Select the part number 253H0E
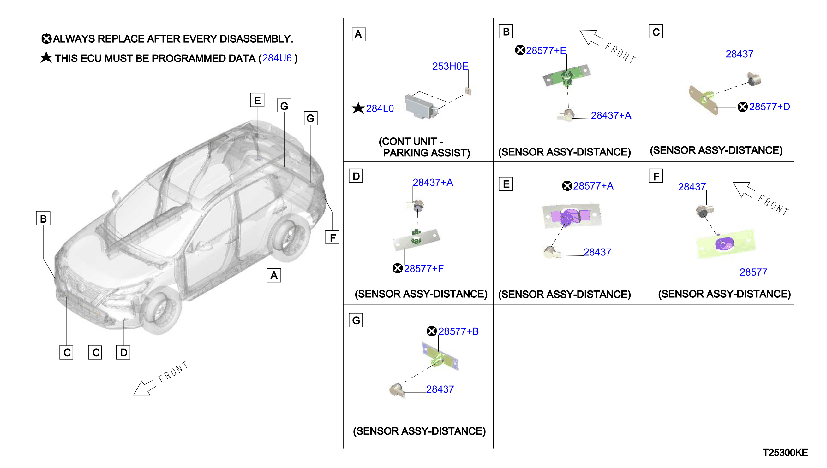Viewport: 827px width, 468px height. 450,66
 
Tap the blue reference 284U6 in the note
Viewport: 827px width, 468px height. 277,58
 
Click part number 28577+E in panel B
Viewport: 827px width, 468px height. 546,50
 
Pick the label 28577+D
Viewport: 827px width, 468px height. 769,107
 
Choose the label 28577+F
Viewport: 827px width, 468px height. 423,268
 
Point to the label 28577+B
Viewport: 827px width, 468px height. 458,331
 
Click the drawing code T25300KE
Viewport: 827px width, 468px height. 785,453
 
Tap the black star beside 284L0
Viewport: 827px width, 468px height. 358,108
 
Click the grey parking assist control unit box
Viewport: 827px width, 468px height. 421,105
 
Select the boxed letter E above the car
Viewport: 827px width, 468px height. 257,100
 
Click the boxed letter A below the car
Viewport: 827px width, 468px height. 274,275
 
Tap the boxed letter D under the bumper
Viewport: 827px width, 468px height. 123,352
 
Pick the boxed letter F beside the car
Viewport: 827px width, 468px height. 333,237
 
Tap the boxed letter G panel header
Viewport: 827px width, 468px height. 356,320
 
